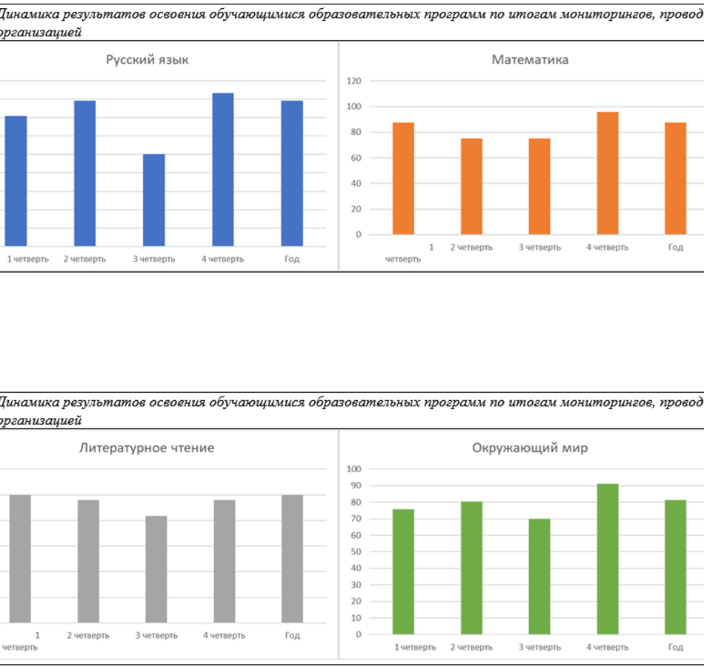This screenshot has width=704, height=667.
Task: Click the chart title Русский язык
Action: tap(147, 60)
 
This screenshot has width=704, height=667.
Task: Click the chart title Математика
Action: tap(530, 60)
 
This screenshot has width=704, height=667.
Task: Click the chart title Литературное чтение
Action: tap(147, 448)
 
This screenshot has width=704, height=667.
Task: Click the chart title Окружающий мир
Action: tap(530, 448)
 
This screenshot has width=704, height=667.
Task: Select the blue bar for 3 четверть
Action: tap(153, 200)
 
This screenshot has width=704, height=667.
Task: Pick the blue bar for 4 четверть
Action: tap(223, 170)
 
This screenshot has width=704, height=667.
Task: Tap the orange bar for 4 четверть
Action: tap(608, 173)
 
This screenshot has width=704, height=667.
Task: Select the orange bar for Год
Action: tap(675, 179)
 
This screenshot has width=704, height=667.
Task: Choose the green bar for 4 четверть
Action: tap(608, 559)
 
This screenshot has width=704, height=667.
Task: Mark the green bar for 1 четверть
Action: tap(404, 571)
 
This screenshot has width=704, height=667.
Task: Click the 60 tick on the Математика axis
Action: tap(356, 158)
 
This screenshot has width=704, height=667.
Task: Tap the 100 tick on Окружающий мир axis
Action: tap(353, 469)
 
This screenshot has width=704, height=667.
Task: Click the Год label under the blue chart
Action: tap(292, 259)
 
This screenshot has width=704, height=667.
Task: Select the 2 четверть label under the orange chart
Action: tap(471, 247)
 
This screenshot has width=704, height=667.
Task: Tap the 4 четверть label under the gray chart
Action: tap(224, 635)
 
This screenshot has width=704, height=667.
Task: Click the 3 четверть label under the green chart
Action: tap(539, 647)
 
